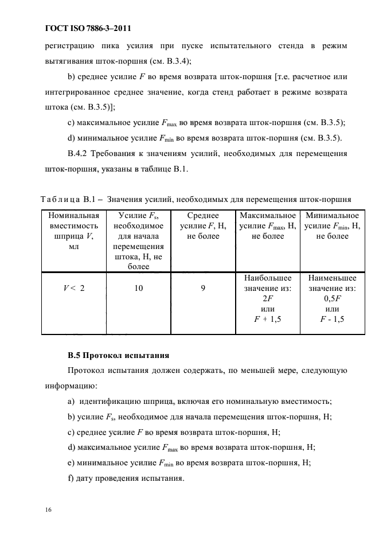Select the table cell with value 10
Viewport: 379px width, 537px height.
139,289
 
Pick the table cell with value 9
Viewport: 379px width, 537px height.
203,289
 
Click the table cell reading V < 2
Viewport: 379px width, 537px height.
74,289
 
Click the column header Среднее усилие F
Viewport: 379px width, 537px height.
203,225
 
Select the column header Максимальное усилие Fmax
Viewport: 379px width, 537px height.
268,225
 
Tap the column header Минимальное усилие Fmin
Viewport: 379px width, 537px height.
332,225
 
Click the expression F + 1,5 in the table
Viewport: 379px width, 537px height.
268,320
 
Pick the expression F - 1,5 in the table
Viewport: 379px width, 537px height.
332,320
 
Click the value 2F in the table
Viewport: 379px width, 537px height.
268,299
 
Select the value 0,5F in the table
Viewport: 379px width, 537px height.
332,299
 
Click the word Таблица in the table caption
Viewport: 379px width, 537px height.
60,200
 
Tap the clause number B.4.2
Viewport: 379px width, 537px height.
80,153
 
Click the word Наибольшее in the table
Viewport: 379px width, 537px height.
268,278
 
